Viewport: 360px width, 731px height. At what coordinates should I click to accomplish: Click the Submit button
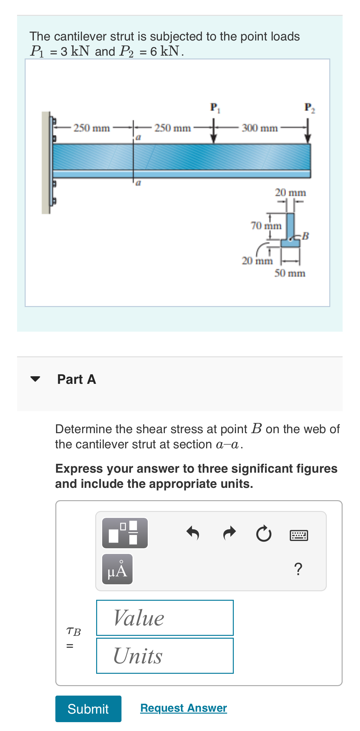[88, 709]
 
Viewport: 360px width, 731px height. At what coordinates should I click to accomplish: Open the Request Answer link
[183, 708]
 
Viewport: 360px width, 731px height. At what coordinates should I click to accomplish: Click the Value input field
[165, 617]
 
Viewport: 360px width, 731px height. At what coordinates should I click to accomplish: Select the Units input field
[165, 655]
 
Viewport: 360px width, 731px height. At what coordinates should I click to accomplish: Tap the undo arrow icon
[193, 533]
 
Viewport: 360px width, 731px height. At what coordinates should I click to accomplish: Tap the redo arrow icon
[229, 533]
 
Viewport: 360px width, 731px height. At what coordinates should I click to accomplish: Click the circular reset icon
[264, 534]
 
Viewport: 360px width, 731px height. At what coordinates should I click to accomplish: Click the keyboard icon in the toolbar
[299, 535]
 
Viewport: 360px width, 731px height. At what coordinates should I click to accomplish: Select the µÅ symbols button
[117, 569]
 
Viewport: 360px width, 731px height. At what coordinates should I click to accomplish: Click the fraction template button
[125, 533]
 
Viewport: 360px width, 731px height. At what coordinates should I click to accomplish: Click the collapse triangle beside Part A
[35, 379]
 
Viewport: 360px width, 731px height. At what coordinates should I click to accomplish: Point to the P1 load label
[215, 107]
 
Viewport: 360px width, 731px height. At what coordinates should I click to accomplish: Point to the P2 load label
[309, 107]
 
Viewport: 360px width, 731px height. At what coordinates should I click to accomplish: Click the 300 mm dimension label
[260, 128]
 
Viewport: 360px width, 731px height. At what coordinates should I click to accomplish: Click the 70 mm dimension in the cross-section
[266, 226]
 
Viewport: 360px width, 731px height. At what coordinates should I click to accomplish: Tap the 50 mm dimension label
[289, 273]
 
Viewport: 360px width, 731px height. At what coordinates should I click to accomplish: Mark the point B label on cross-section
[305, 236]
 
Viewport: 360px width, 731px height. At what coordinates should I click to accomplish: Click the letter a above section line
[138, 138]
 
